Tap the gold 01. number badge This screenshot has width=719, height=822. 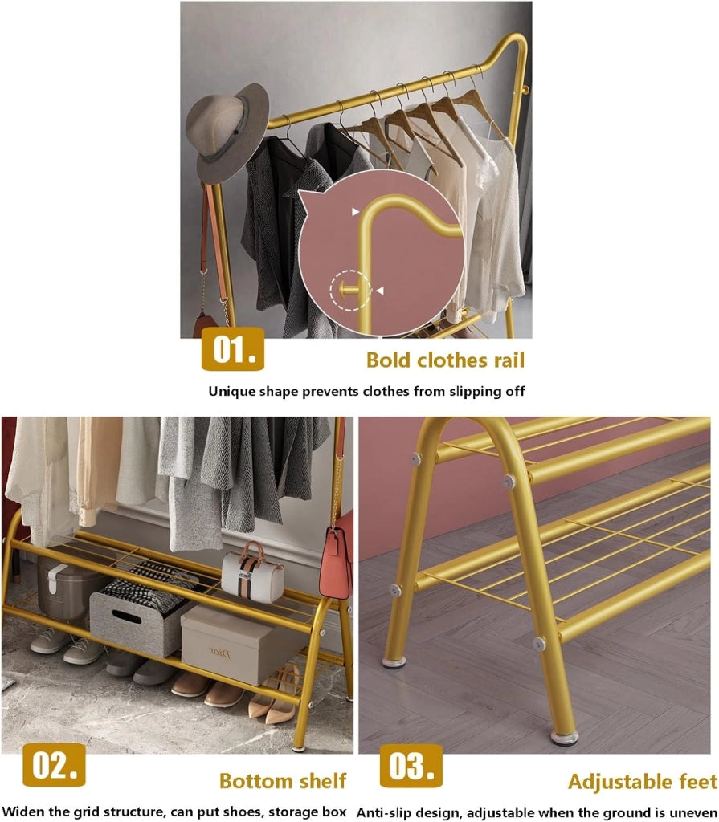[x=233, y=349]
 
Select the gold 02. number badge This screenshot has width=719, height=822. [x=54, y=765]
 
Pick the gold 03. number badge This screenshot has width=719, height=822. [x=411, y=766]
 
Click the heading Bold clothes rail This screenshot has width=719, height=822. [x=445, y=360]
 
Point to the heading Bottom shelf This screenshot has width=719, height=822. [x=283, y=780]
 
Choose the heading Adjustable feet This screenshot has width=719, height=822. [x=643, y=782]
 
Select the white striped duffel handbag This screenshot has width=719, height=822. [x=252, y=572]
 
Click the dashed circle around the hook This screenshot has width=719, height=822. [x=350, y=290]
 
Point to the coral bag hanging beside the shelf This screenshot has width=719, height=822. [x=336, y=564]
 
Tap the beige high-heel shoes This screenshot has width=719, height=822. [x=274, y=694]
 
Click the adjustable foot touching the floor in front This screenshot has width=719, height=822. [x=564, y=738]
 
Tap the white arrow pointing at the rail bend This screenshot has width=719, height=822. [x=356, y=212]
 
